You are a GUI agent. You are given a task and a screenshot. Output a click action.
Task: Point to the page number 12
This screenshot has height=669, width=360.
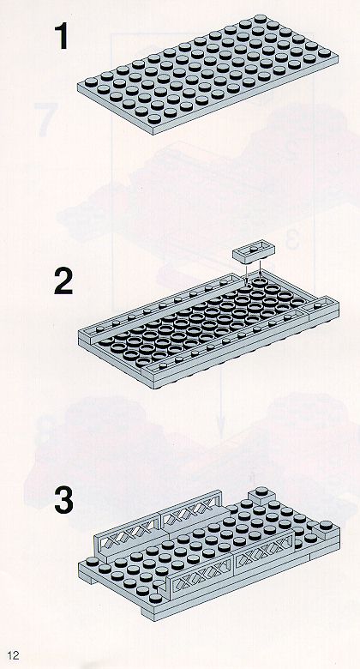tap(13, 655)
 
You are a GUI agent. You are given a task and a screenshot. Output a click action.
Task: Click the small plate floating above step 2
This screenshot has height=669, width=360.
tap(254, 253)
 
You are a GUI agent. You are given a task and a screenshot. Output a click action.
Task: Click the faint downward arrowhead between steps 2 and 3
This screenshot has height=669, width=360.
tap(220, 430)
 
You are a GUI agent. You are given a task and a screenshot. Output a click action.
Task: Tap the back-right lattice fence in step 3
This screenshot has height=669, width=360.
tap(191, 509)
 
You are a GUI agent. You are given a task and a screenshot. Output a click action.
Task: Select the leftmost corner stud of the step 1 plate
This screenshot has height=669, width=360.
tap(91, 82)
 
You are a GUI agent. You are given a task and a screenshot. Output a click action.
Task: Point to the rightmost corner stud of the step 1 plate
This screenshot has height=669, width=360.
tap(324, 53)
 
